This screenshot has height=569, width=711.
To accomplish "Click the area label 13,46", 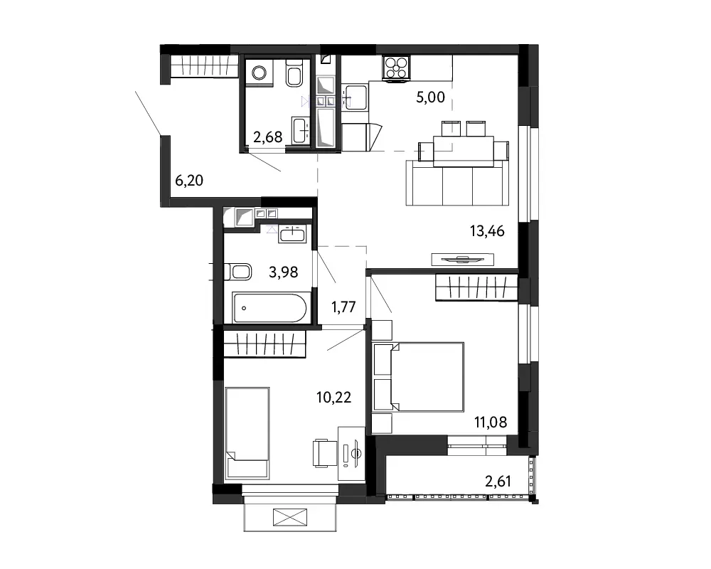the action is [487, 231].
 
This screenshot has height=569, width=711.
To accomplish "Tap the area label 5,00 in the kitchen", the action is [430, 97].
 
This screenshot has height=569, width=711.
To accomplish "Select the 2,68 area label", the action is [267, 137].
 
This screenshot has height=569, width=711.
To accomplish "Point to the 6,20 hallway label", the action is [189, 181].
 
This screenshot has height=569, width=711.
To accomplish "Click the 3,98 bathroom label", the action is [284, 272].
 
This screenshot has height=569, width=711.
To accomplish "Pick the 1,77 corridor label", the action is [343, 307].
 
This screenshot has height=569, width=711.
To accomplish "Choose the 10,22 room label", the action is [333, 398].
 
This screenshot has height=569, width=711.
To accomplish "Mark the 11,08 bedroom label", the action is [491, 422].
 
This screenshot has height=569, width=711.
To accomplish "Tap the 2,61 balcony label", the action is [498, 481].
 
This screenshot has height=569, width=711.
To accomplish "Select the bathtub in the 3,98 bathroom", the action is [269, 308].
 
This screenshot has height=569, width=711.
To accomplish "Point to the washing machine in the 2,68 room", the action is [259, 73].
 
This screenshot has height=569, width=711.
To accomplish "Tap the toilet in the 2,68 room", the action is [294, 73].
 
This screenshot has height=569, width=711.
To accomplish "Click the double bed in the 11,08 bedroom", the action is [418, 377].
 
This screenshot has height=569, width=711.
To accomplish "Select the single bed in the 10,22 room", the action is [247, 433].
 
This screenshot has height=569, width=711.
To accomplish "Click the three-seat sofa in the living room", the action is [457, 183].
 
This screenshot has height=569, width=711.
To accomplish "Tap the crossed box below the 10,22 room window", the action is [290, 517].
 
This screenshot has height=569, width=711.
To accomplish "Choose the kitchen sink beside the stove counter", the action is [354, 97].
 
